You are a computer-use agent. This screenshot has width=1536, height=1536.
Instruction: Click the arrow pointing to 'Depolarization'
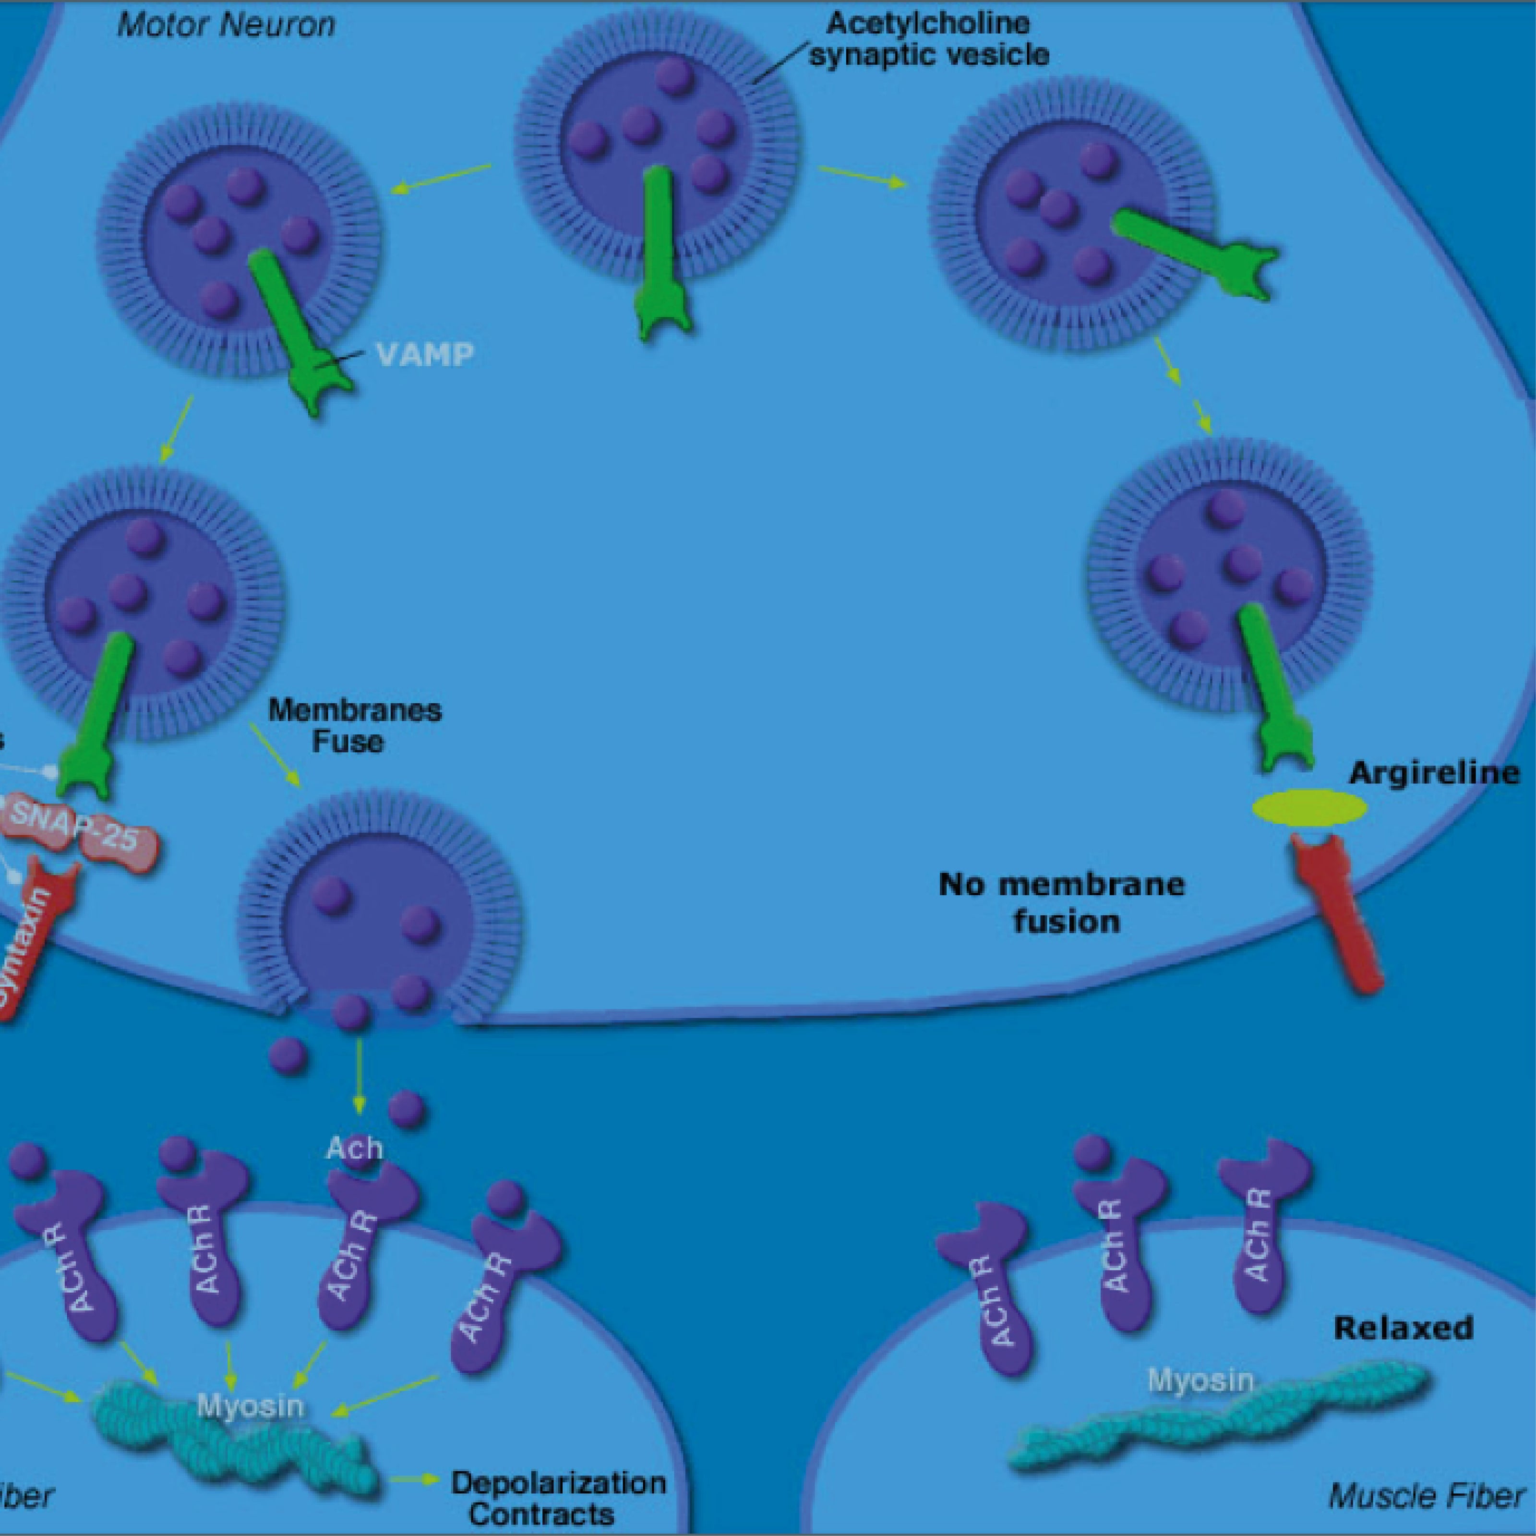coord(415,1479)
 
